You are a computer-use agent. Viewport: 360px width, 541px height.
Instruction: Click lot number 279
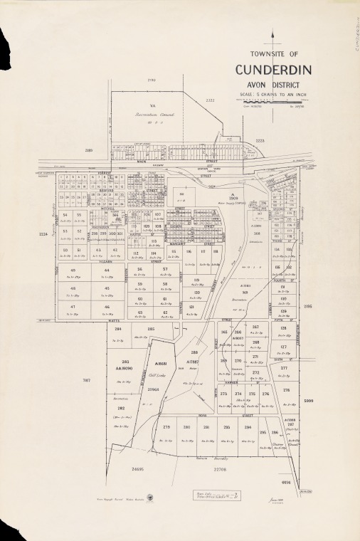tap(166, 427)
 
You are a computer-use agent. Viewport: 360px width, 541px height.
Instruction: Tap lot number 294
tap(248, 427)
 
